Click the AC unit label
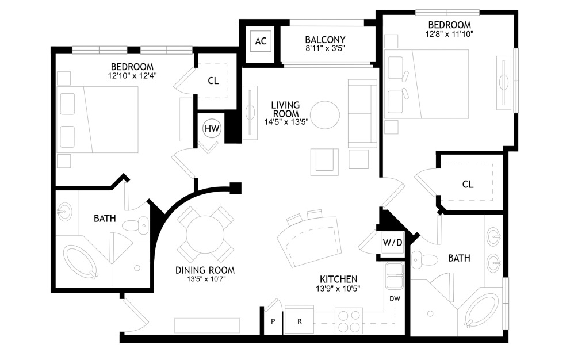click(261, 41)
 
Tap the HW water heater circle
click(212, 128)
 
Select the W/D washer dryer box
click(392, 242)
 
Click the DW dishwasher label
click(395, 299)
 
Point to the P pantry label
click(273, 321)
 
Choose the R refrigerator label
click(300, 321)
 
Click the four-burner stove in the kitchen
click(349, 321)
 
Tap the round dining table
click(205, 235)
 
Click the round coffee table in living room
click(325, 115)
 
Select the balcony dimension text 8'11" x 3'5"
click(325, 48)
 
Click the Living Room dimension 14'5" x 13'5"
click(286, 122)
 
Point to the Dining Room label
click(205, 270)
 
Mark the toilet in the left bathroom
click(135, 225)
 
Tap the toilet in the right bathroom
click(425, 261)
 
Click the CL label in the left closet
click(213, 81)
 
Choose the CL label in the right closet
click(468, 184)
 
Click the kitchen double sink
click(394, 275)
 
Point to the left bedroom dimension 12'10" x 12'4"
click(132, 76)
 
